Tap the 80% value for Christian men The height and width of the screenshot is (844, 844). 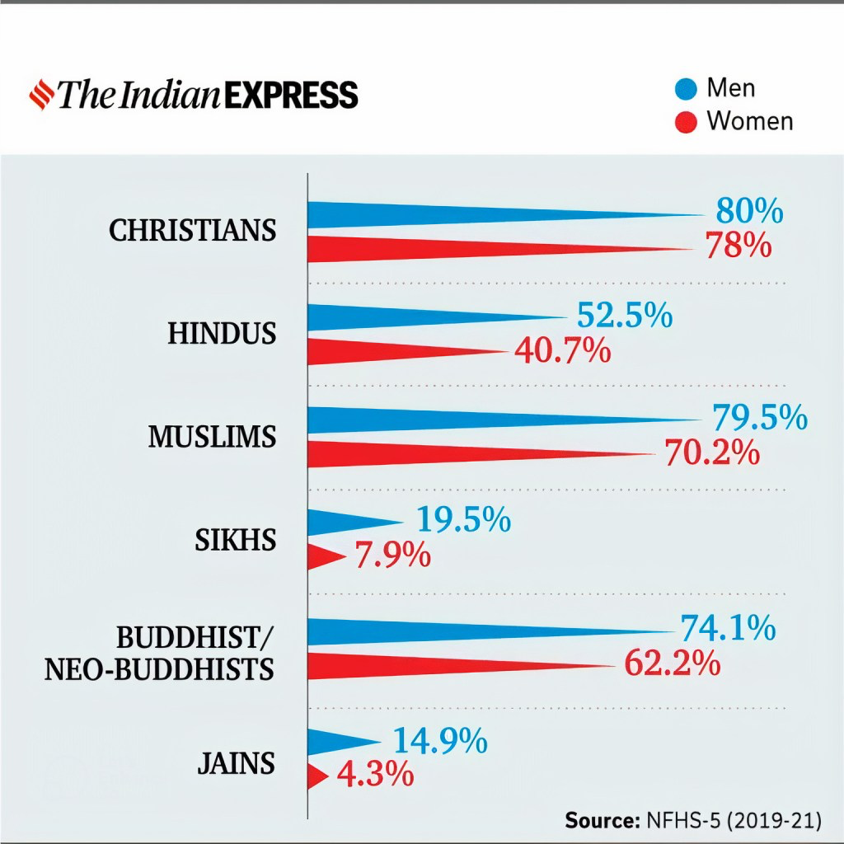[748, 211]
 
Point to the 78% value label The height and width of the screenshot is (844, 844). [738, 245]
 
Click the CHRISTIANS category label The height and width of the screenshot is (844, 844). [192, 230]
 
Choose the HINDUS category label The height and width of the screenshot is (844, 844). [222, 334]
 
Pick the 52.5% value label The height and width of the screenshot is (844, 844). [625, 316]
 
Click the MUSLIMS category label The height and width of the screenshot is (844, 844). [212, 437]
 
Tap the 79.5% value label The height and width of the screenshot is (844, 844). [759, 417]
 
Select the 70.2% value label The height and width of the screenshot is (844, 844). [712, 452]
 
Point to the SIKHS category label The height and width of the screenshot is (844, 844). [235, 541]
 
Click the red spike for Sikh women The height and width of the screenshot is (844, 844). [324, 558]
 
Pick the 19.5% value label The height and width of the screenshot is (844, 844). [463, 520]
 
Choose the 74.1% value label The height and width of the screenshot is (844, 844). [727, 628]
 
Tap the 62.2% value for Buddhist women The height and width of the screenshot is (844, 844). [673, 663]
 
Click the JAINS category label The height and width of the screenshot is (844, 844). [235, 764]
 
